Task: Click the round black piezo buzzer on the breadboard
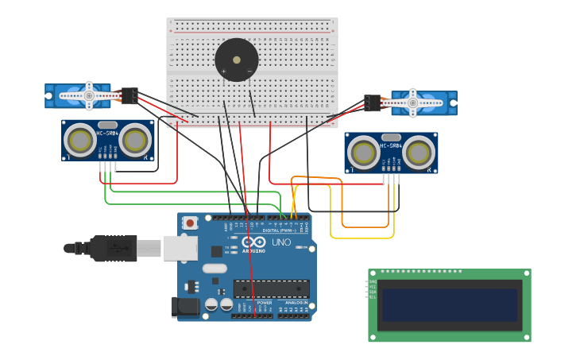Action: click(236, 60)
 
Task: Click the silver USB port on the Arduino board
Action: click(180, 248)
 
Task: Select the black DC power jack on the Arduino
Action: click(184, 307)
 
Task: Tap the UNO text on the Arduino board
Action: click(281, 242)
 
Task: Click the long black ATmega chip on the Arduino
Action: click(271, 288)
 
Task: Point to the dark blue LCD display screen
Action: click(450, 305)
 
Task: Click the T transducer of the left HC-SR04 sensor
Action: click(80, 141)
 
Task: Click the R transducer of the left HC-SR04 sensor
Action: click(135, 141)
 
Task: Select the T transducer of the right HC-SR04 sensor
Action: click(364, 153)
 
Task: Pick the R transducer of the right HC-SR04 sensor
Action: click(418, 153)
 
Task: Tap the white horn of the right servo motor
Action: click(416, 102)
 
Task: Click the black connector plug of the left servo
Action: click(129, 95)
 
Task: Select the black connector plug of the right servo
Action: click(373, 103)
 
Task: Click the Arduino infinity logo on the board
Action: click(254, 242)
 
